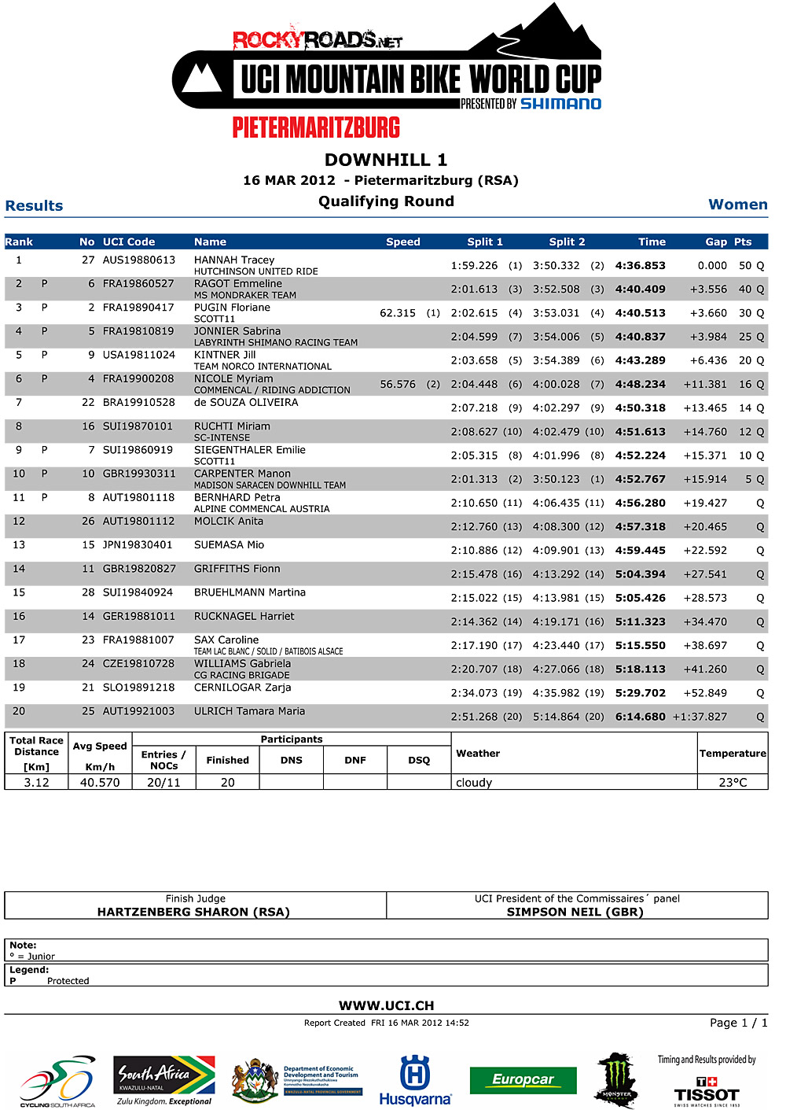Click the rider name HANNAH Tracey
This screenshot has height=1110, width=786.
(x=234, y=260)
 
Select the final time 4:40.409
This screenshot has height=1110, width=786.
(x=640, y=289)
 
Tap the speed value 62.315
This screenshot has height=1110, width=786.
(x=398, y=313)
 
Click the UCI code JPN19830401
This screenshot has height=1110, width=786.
(x=138, y=544)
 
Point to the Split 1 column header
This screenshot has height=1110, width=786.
(x=485, y=242)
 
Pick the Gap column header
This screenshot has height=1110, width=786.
(x=715, y=242)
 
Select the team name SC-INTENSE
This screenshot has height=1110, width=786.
(x=222, y=437)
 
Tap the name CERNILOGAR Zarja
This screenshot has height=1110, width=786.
(x=242, y=688)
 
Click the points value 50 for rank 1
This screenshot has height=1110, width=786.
(x=745, y=266)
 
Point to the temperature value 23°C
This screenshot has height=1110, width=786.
(x=733, y=782)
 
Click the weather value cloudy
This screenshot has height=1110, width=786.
(x=474, y=782)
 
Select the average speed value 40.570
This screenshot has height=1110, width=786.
(x=100, y=782)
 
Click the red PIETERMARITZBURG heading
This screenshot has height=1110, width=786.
(x=316, y=127)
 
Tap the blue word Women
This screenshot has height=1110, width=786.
(x=737, y=205)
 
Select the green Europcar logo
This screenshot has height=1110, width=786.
(x=523, y=1080)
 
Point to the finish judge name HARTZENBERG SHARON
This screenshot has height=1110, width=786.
(x=193, y=912)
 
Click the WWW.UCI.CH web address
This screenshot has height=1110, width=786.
(x=386, y=1005)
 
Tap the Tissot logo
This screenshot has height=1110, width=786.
(x=706, y=1091)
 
